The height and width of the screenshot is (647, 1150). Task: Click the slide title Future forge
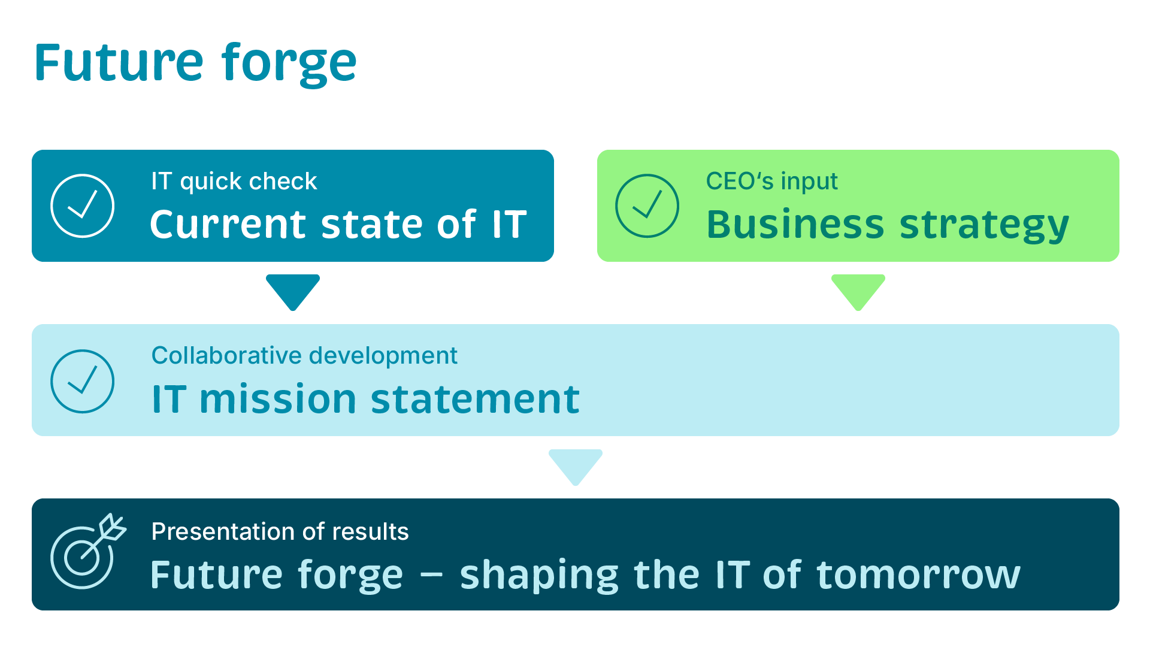(195, 64)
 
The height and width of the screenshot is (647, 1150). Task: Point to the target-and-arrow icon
(89, 551)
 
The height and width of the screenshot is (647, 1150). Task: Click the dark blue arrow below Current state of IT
(293, 292)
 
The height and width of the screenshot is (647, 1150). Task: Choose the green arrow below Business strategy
(858, 292)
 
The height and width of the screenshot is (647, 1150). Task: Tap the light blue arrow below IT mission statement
(576, 467)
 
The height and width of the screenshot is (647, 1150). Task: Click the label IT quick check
(234, 182)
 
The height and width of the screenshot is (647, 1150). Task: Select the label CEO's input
(772, 182)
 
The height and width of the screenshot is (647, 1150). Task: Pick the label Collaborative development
(304, 356)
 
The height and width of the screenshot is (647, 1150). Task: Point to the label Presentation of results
(280, 531)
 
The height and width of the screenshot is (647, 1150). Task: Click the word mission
(278, 400)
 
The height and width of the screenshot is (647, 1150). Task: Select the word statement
(476, 400)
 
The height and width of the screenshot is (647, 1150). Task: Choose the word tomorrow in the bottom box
(919, 575)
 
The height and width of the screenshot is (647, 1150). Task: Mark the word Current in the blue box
(228, 224)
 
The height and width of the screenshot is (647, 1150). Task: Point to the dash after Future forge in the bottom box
(431, 576)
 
